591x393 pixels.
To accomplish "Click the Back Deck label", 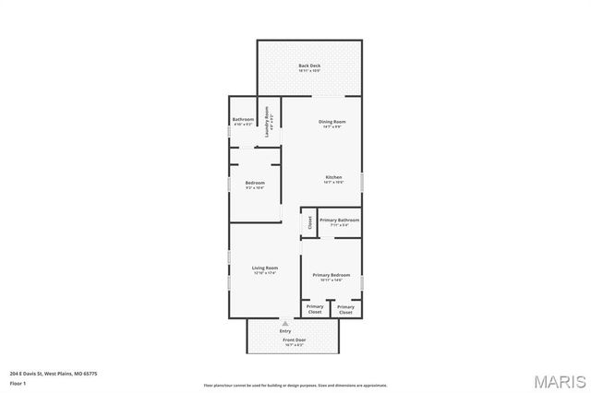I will coord(309,65).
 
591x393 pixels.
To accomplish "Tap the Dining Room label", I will coord(332,122).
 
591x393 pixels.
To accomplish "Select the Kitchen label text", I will coord(333,177).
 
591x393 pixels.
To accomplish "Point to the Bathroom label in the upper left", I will coord(243,119).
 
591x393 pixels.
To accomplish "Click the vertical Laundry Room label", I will coord(267,124).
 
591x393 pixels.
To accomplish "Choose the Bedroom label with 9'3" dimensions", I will coord(255,183).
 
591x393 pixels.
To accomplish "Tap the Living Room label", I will coord(265,268).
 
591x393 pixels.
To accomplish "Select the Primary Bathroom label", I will coord(339,220).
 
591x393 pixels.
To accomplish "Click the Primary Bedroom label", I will coord(330,275).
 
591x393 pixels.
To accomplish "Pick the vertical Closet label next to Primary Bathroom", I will coord(310,222).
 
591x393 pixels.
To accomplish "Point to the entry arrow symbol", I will coord(285,325).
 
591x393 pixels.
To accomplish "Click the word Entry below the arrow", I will coord(285,331).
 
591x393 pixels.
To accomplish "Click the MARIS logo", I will coord(558,380).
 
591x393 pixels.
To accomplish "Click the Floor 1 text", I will coord(18,382).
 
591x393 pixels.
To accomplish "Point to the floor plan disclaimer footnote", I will coord(295,385).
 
